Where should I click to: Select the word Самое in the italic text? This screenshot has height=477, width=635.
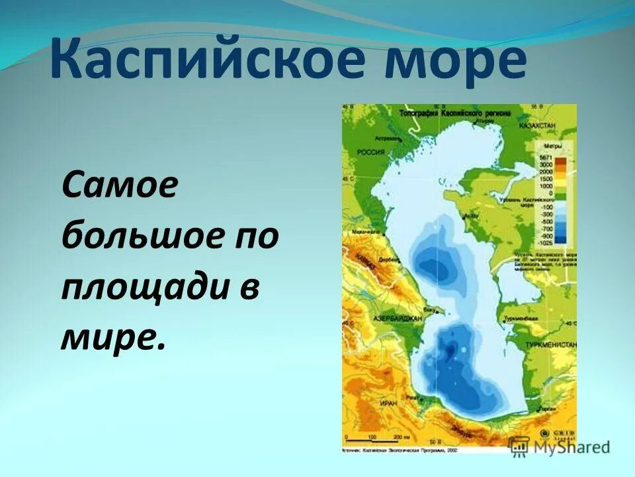[x=120, y=187]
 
